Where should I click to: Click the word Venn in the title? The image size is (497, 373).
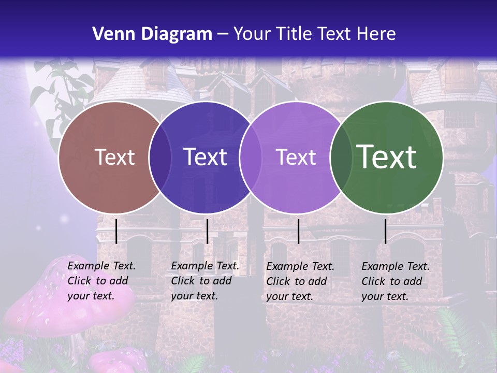pos(113,34)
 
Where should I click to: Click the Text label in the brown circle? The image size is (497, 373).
pos(114,157)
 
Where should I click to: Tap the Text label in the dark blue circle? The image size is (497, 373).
pos(205,157)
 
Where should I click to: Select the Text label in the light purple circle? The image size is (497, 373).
pos(296,157)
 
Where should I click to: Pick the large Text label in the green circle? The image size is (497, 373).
pos(386,157)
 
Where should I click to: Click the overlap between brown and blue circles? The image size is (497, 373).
pos(160,157)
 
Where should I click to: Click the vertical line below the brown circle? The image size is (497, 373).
pos(116,231)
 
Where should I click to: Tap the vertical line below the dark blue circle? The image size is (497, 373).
pos(207,231)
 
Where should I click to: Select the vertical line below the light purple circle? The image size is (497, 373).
pos(299,231)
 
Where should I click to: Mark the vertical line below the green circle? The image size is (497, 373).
pos(386,231)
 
